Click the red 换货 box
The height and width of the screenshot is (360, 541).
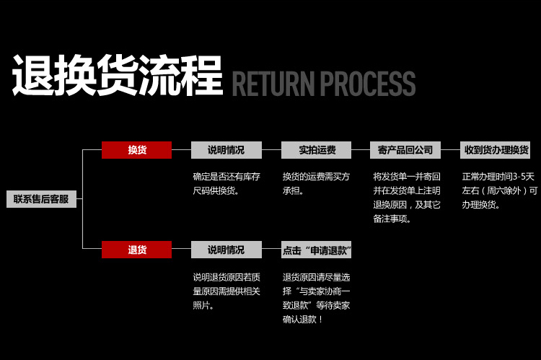136,150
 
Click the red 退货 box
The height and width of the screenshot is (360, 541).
136,250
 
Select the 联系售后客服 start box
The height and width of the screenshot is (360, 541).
41,199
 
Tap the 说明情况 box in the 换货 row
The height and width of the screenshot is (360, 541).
226,150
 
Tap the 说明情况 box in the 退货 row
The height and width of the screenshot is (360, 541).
226,250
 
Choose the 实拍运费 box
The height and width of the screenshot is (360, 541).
316,150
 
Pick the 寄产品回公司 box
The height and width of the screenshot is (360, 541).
405,150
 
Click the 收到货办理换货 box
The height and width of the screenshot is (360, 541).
496,150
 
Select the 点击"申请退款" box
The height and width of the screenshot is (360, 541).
316,250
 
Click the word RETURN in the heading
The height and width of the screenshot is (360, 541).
273,84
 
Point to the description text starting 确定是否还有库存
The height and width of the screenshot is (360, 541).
226,183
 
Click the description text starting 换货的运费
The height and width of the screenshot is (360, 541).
316,183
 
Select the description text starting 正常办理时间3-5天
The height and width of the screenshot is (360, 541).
499,190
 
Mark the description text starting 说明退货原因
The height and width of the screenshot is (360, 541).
226,291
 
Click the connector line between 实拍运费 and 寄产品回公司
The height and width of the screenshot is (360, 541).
361,150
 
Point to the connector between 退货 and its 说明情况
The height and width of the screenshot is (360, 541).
181,250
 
